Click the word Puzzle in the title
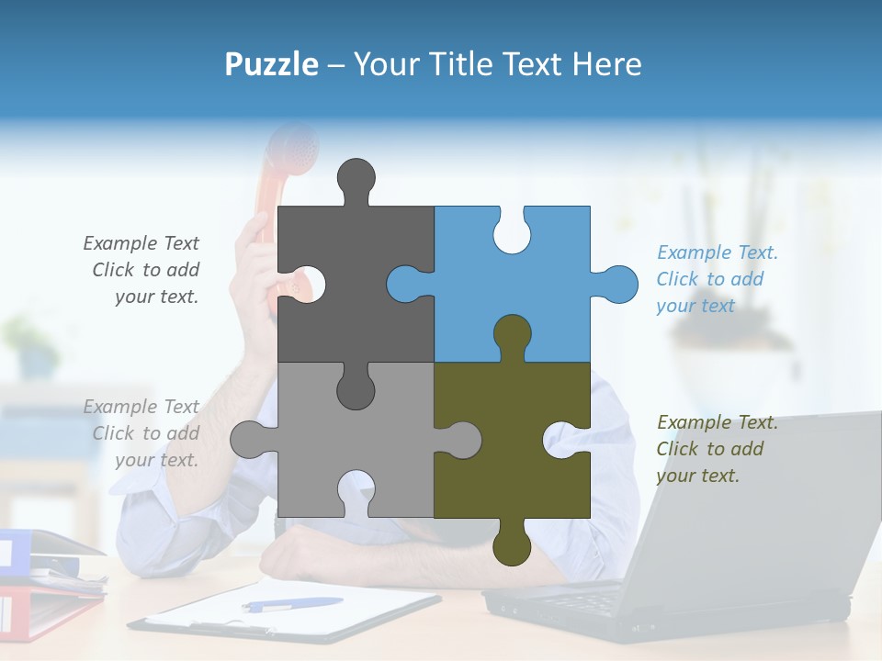(x=271, y=64)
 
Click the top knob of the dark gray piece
(x=356, y=179)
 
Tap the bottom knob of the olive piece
(x=512, y=543)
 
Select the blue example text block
(x=717, y=279)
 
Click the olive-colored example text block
(x=717, y=449)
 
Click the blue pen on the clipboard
(x=292, y=604)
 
